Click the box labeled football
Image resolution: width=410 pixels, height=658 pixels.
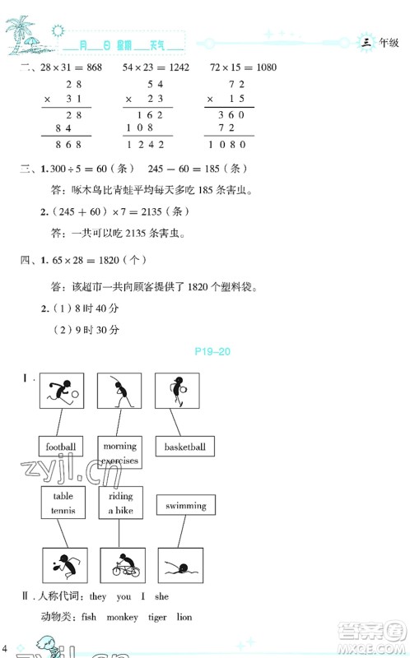(x=61, y=447)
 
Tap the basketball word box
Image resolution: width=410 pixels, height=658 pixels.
(x=184, y=447)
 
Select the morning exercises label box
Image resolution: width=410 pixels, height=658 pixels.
(x=120, y=453)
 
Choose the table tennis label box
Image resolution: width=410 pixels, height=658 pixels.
(x=63, y=503)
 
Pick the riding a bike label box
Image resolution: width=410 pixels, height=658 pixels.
(x=120, y=503)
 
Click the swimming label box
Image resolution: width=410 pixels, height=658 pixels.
(x=185, y=506)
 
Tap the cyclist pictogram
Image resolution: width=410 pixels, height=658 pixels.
(x=123, y=566)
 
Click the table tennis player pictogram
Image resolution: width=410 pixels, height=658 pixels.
(x=63, y=566)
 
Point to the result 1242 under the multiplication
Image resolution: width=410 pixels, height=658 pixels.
(x=147, y=144)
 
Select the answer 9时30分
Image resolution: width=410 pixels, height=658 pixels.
(x=99, y=328)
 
